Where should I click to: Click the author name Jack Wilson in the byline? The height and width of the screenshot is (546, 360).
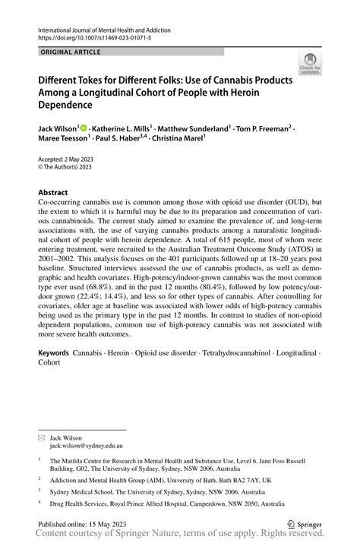pos(60,129)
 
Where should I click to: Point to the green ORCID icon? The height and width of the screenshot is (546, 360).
pos(84,129)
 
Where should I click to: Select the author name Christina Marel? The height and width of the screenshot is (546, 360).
pos(183,139)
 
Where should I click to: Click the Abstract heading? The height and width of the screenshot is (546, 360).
pos(53,193)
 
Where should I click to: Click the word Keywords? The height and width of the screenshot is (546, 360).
pos(54,354)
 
